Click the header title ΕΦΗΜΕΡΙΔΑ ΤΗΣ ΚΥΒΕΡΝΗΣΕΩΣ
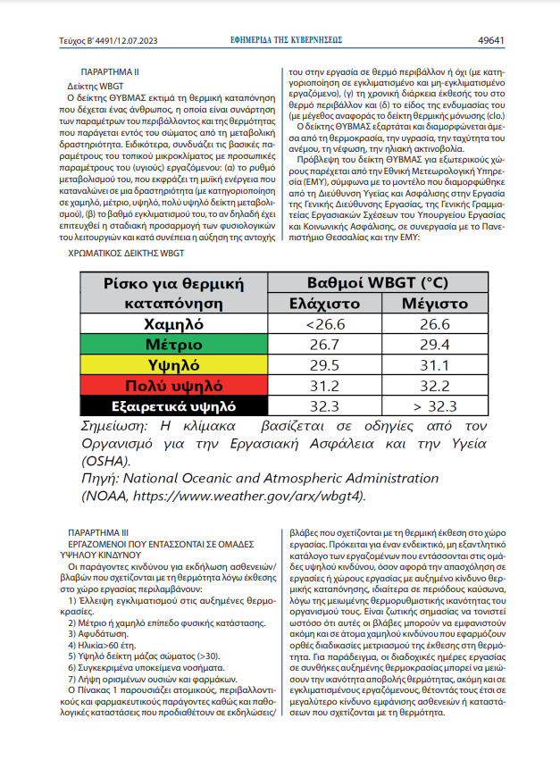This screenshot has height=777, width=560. (286, 40)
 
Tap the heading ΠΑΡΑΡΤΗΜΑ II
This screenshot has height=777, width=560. (109, 70)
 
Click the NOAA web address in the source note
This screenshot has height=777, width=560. (247, 496)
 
